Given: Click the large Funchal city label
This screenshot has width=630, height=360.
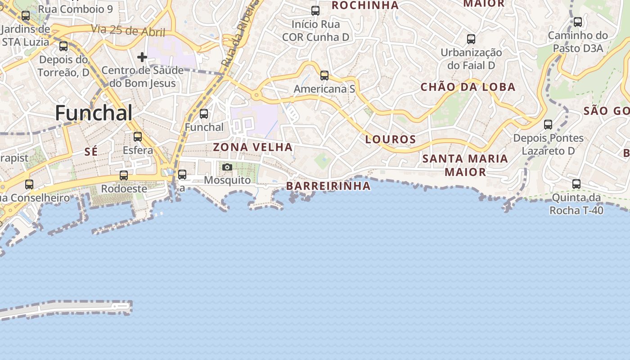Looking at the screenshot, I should coord(94,113).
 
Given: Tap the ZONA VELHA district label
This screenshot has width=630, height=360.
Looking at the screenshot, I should coord(252,147).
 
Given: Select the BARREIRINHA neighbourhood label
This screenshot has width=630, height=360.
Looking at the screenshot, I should coord(328,186).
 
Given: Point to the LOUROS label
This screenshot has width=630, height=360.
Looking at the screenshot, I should coord(391,139).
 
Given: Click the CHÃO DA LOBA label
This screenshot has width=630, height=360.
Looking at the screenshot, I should coord(468,87).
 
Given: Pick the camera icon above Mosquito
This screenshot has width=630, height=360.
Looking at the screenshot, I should coord(227,167).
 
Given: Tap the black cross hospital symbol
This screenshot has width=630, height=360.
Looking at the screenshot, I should coord(142,57).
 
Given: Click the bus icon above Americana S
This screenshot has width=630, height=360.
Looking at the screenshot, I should coord(324,76).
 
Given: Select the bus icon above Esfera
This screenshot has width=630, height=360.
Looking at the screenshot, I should coord(138,137).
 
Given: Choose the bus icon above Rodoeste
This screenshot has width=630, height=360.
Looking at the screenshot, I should coord(124,175).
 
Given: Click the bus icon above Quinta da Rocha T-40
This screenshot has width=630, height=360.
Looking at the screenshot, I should coord(576,184).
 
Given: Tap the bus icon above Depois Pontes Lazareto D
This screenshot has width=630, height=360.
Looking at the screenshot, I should coord(548,125).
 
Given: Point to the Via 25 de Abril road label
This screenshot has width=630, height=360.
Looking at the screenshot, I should coord(128,31).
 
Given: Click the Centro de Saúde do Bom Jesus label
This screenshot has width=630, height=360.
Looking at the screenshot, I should coord(143,76).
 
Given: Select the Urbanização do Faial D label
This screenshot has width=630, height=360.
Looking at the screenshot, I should coord(471,58).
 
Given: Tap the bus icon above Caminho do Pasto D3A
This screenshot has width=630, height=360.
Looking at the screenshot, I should coord(578,22).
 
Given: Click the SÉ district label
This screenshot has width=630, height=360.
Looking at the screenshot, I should coord(91,152).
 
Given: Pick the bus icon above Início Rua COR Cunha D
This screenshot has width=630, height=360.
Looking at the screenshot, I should coord(315,11).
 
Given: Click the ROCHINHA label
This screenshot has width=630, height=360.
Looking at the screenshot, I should coord(365,5).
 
